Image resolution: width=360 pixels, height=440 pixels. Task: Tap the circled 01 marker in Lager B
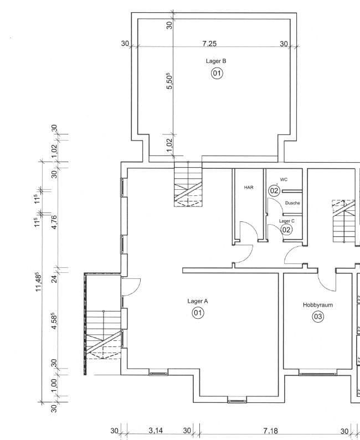217,73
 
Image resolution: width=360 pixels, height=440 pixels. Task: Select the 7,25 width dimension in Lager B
209,43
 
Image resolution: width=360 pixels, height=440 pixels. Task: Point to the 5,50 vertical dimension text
170,81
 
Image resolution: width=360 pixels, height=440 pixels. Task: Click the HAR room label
249,188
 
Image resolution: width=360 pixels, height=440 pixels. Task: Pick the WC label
284,179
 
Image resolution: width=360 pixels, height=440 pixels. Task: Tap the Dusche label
292,203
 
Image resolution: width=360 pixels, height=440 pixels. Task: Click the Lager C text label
286,221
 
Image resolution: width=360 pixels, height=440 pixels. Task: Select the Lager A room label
198,301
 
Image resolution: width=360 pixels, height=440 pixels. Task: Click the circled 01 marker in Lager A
198,313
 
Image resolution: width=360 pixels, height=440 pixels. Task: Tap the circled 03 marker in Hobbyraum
317,317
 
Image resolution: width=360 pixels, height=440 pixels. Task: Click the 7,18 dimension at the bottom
271,431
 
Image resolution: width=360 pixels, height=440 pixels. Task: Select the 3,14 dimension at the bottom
156,431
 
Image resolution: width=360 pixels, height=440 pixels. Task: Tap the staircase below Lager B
188,185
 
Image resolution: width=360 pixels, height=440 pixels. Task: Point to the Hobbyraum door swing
327,281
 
